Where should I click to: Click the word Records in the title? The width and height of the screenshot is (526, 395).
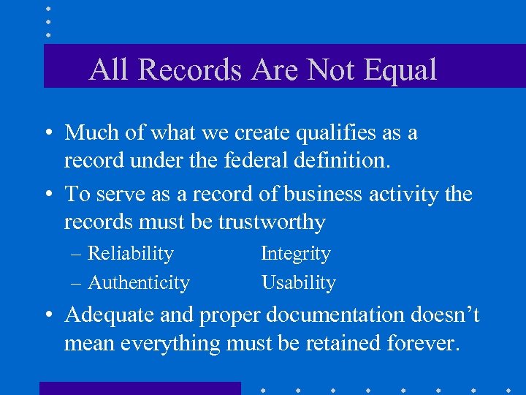click(188, 69)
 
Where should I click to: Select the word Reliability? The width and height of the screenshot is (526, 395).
click(130, 254)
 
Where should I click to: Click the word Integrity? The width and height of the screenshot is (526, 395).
click(296, 255)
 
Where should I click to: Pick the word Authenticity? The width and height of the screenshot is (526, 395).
click(138, 283)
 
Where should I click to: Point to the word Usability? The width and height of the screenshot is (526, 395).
click(298, 283)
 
